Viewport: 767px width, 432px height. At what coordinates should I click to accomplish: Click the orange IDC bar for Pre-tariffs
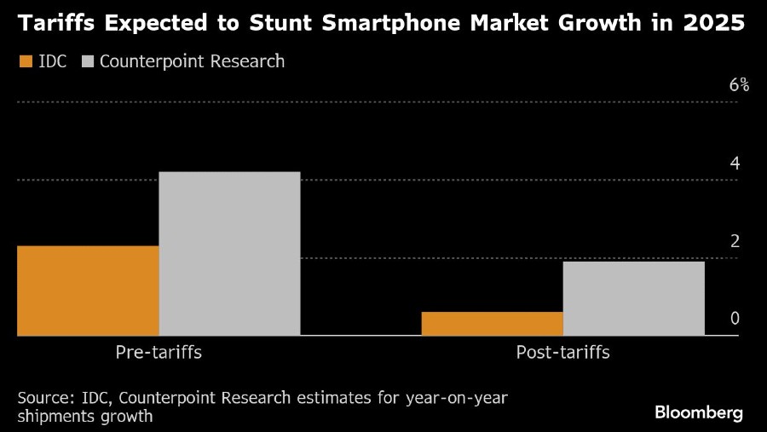88,291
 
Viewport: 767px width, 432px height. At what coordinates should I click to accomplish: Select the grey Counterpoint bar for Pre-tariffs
229,253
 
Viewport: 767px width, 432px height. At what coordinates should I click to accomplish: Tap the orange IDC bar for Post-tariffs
492,324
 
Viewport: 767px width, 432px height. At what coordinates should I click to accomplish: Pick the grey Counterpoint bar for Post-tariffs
633,298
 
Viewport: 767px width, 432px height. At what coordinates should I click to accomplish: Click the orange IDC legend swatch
26,61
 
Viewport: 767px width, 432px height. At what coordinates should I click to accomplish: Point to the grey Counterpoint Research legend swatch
89,61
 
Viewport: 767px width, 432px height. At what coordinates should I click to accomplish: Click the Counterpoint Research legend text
193,61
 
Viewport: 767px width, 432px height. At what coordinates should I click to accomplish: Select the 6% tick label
738,85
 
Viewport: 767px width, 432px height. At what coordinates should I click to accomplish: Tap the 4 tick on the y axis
735,164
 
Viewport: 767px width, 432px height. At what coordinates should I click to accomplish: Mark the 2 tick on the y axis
735,241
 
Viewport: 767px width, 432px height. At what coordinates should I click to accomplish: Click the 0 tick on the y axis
735,319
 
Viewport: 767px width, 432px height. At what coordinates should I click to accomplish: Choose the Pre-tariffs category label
159,352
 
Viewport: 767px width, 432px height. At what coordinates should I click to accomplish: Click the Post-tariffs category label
562,352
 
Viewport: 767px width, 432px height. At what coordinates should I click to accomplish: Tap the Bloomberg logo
699,412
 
